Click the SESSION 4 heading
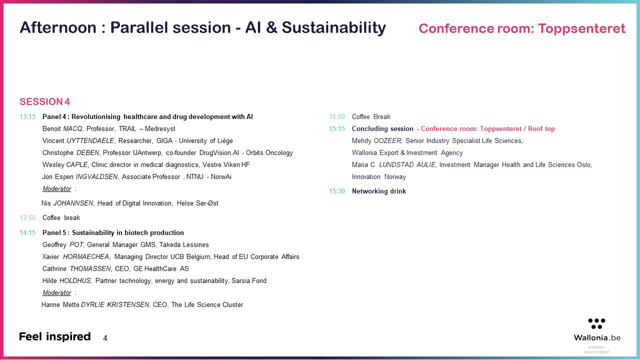44,101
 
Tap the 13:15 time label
27,116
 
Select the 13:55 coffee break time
27,217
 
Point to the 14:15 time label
27,232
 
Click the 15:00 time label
337,116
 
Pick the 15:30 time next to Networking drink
337,191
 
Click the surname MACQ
72,129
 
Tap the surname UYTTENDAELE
90,141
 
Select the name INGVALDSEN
96,177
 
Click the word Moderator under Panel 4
57,189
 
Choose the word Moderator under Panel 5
57,293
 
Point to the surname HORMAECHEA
86,257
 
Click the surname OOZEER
387,141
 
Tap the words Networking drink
379,191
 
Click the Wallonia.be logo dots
596,323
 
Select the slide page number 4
105,338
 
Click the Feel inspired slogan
55,337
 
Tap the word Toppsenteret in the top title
581,28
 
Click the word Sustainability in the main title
333,28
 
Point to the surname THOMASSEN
90,269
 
